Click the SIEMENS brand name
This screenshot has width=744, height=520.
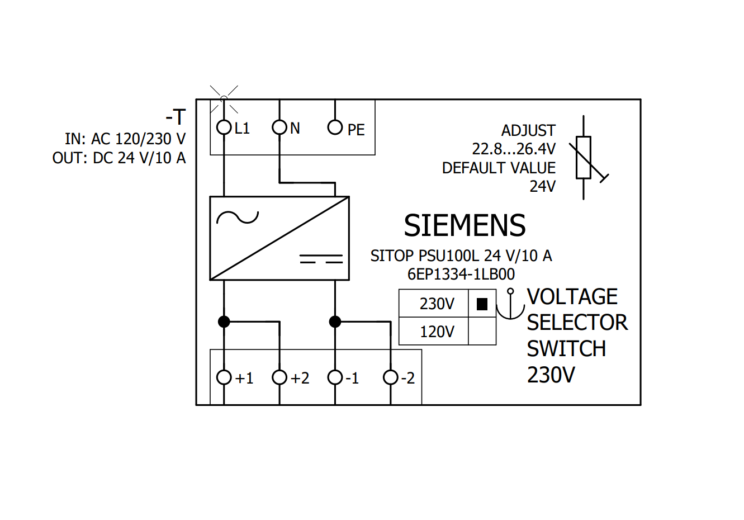465,225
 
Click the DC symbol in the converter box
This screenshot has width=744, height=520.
321,259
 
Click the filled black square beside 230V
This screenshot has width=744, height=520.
482,304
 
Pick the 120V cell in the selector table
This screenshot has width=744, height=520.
433,331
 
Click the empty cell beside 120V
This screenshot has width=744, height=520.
482,331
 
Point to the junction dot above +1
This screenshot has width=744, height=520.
224,322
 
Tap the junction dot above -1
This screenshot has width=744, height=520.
335,322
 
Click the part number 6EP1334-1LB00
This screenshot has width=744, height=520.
461,275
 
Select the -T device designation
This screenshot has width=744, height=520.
176,117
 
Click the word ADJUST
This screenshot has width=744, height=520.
528,131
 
